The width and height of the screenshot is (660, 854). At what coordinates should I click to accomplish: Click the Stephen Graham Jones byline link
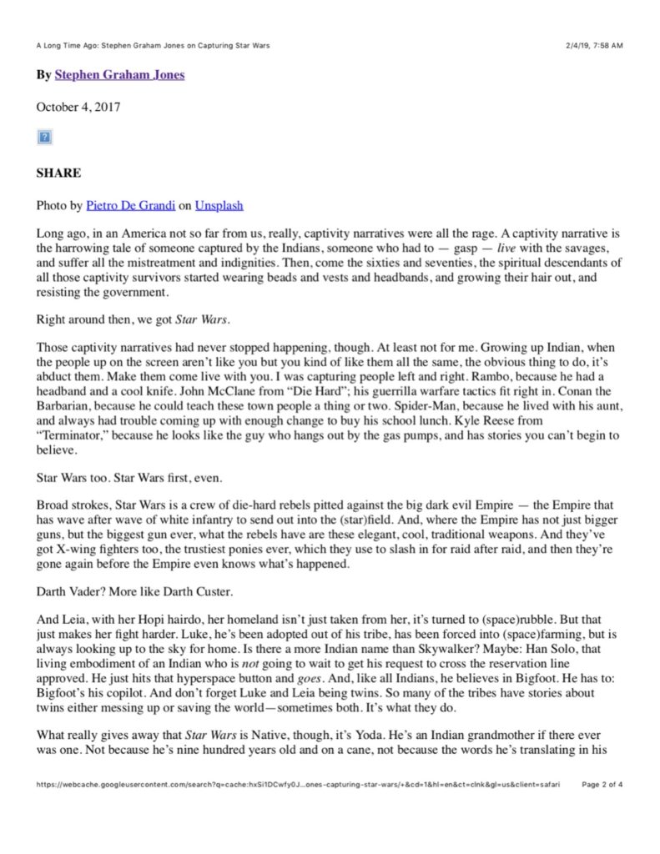pyautogui.click(x=119, y=75)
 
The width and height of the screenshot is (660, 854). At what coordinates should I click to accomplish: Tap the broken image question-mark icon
pyautogui.click(x=45, y=137)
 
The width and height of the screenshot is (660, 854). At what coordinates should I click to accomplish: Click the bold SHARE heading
pyautogui.click(x=58, y=173)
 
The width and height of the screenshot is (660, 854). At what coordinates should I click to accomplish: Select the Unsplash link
pyautogui.click(x=219, y=205)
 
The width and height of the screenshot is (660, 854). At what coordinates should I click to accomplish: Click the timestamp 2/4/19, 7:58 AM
pyautogui.click(x=589, y=45)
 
